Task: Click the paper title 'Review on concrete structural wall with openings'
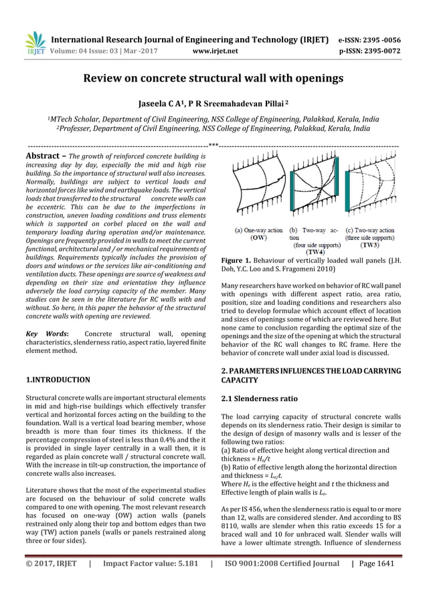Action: [213, 79]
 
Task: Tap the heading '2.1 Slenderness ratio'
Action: [259, 399]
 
